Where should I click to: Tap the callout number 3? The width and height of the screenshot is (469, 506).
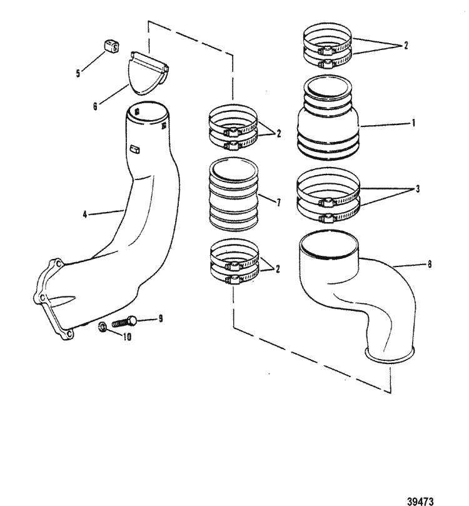pos(410,188)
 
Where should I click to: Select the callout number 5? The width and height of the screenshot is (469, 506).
pos(78,73)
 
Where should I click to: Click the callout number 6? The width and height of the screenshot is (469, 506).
pos(95,106)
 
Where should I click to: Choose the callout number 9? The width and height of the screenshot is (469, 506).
pos(161,318)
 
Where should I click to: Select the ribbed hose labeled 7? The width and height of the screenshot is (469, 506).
pos(233,195)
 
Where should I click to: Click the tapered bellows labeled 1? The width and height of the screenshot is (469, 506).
pos(330,122)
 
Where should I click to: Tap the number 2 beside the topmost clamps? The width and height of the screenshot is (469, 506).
pos(405,46)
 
